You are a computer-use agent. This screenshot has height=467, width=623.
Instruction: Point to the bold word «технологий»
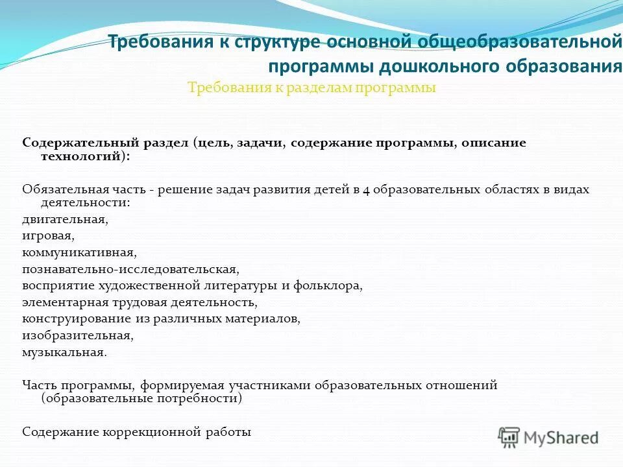[80, 156]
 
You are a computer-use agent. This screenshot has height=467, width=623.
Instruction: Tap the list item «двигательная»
[65, 219]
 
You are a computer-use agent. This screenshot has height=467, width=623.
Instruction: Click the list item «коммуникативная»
[79, 252]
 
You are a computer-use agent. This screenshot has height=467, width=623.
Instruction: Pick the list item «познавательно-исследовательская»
[130, 269]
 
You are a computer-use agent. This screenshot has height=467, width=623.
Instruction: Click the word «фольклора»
[329, 285]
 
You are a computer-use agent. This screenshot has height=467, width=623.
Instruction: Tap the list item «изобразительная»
[77, 336]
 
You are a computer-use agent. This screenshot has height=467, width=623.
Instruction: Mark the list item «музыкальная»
[64, 352]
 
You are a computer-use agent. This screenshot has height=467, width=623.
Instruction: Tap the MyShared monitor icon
[509, 437]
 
